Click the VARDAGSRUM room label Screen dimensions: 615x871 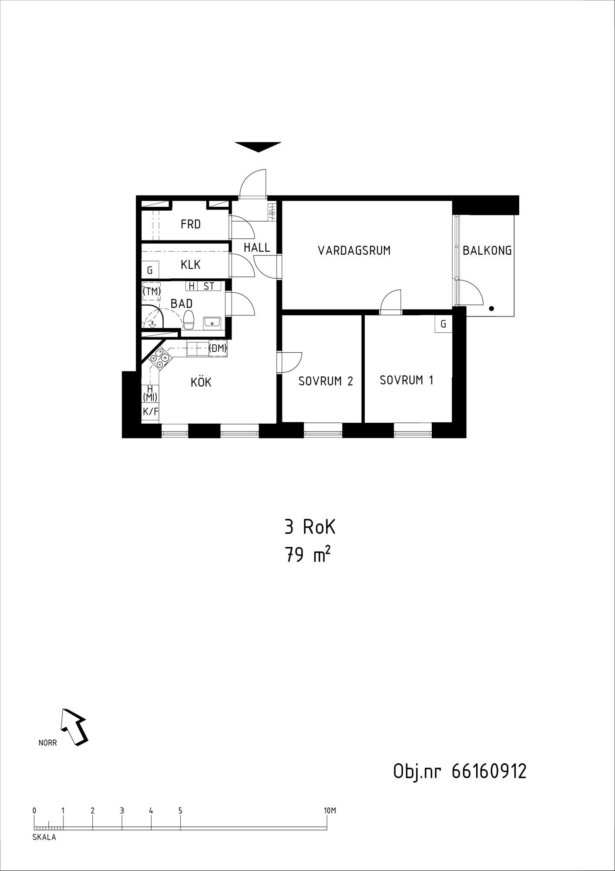pos(354,250)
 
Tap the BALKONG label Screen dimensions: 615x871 pos(487,250)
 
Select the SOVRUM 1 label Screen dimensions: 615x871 pos(407,380)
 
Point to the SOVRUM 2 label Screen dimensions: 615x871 pos(326,381)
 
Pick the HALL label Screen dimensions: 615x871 pos(257,247)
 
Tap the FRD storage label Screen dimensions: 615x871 pos(191,224)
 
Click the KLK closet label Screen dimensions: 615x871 pos(191,264)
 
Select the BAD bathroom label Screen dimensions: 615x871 pos(181,303)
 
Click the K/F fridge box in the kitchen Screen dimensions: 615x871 pos(150,411)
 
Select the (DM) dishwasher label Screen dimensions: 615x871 pos(218,348)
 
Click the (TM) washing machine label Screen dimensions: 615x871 pos(152,292)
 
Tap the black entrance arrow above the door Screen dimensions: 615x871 pos(258,147)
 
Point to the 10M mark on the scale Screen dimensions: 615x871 pos(330,810)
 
